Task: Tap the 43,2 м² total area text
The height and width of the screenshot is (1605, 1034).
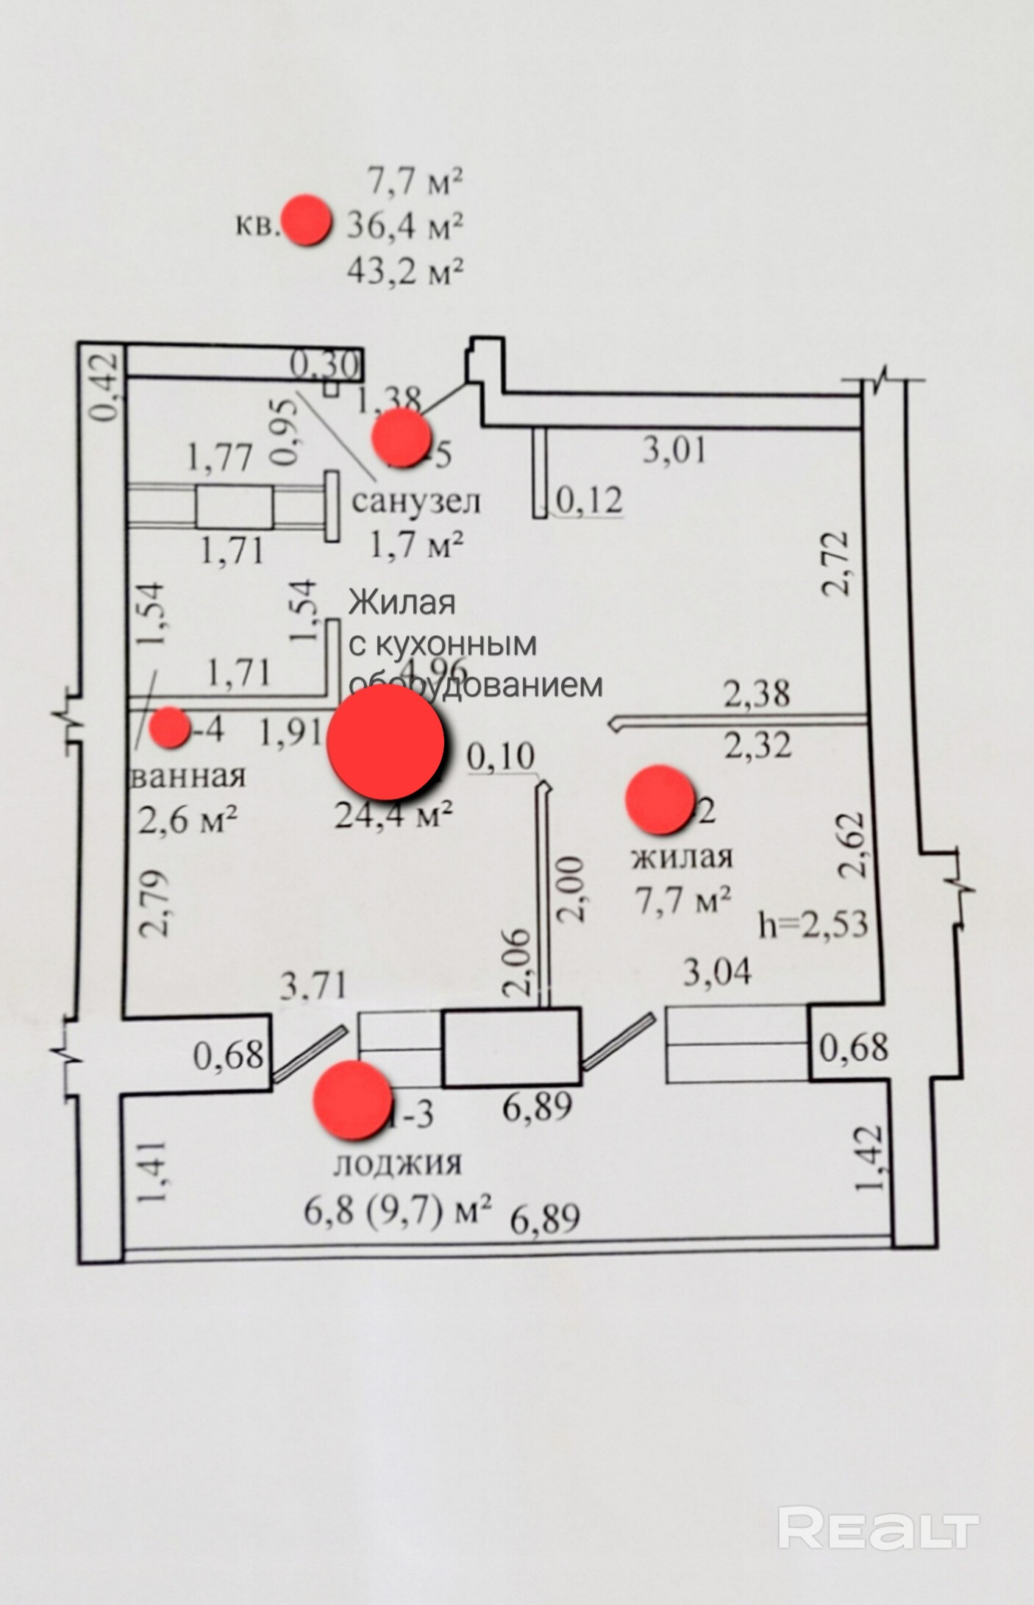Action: point(404,271)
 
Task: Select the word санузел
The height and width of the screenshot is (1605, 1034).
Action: point(416,501)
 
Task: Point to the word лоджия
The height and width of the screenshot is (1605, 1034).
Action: point(398,1163)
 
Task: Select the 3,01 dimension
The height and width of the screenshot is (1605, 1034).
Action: point(674,450)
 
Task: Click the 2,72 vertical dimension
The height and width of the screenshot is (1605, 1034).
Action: point(836,562)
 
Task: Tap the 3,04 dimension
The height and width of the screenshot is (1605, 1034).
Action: point(717,971)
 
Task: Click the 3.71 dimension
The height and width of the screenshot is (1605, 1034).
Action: point(313,984)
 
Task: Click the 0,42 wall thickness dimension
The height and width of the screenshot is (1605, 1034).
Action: point(106,387)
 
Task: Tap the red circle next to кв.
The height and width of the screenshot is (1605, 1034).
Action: point(306,221)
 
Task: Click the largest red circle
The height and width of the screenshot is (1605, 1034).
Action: point(385,743)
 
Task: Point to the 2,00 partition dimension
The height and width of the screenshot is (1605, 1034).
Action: point(571,888)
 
